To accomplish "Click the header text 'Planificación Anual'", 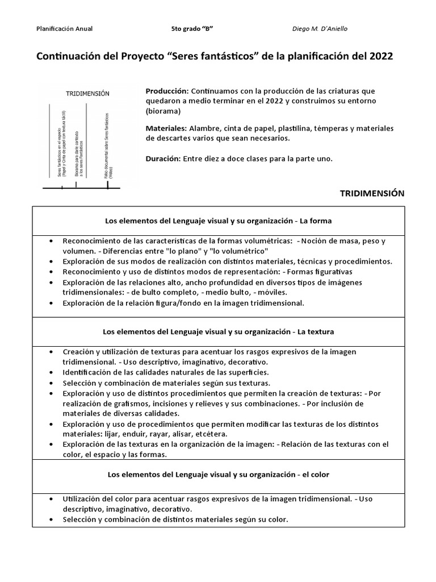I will (x=64, y=28).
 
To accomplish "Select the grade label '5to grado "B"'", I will (x=192, y=28).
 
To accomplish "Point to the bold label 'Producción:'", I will (x=167, y=91).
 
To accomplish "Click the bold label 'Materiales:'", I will (x=166, y=128).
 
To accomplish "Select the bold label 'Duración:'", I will (x=163, y=159).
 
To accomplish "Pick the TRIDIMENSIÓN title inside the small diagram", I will (x=87, y=93).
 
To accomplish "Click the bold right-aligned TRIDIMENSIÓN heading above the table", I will (x=372, y=193).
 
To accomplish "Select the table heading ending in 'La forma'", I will (x=219, y=221).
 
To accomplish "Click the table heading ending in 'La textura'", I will (x=219, y=331).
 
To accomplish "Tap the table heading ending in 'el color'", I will (x=219, y=473).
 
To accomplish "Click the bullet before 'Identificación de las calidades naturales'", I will (x=52, y=372).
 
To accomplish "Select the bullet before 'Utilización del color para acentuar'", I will (x=52, y=498).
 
